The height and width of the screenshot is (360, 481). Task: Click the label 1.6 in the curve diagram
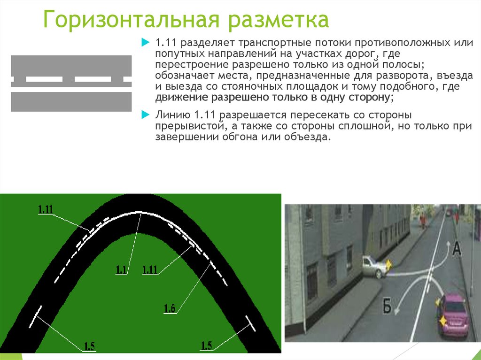[170, 308]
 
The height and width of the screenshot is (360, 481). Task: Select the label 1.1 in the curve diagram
[122, 269]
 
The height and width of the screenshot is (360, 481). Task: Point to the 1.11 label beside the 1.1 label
[149, 269]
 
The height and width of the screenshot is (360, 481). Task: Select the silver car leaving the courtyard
[374, 267]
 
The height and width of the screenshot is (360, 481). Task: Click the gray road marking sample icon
[71, 83]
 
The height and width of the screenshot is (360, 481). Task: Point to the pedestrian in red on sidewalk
[423, 220]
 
